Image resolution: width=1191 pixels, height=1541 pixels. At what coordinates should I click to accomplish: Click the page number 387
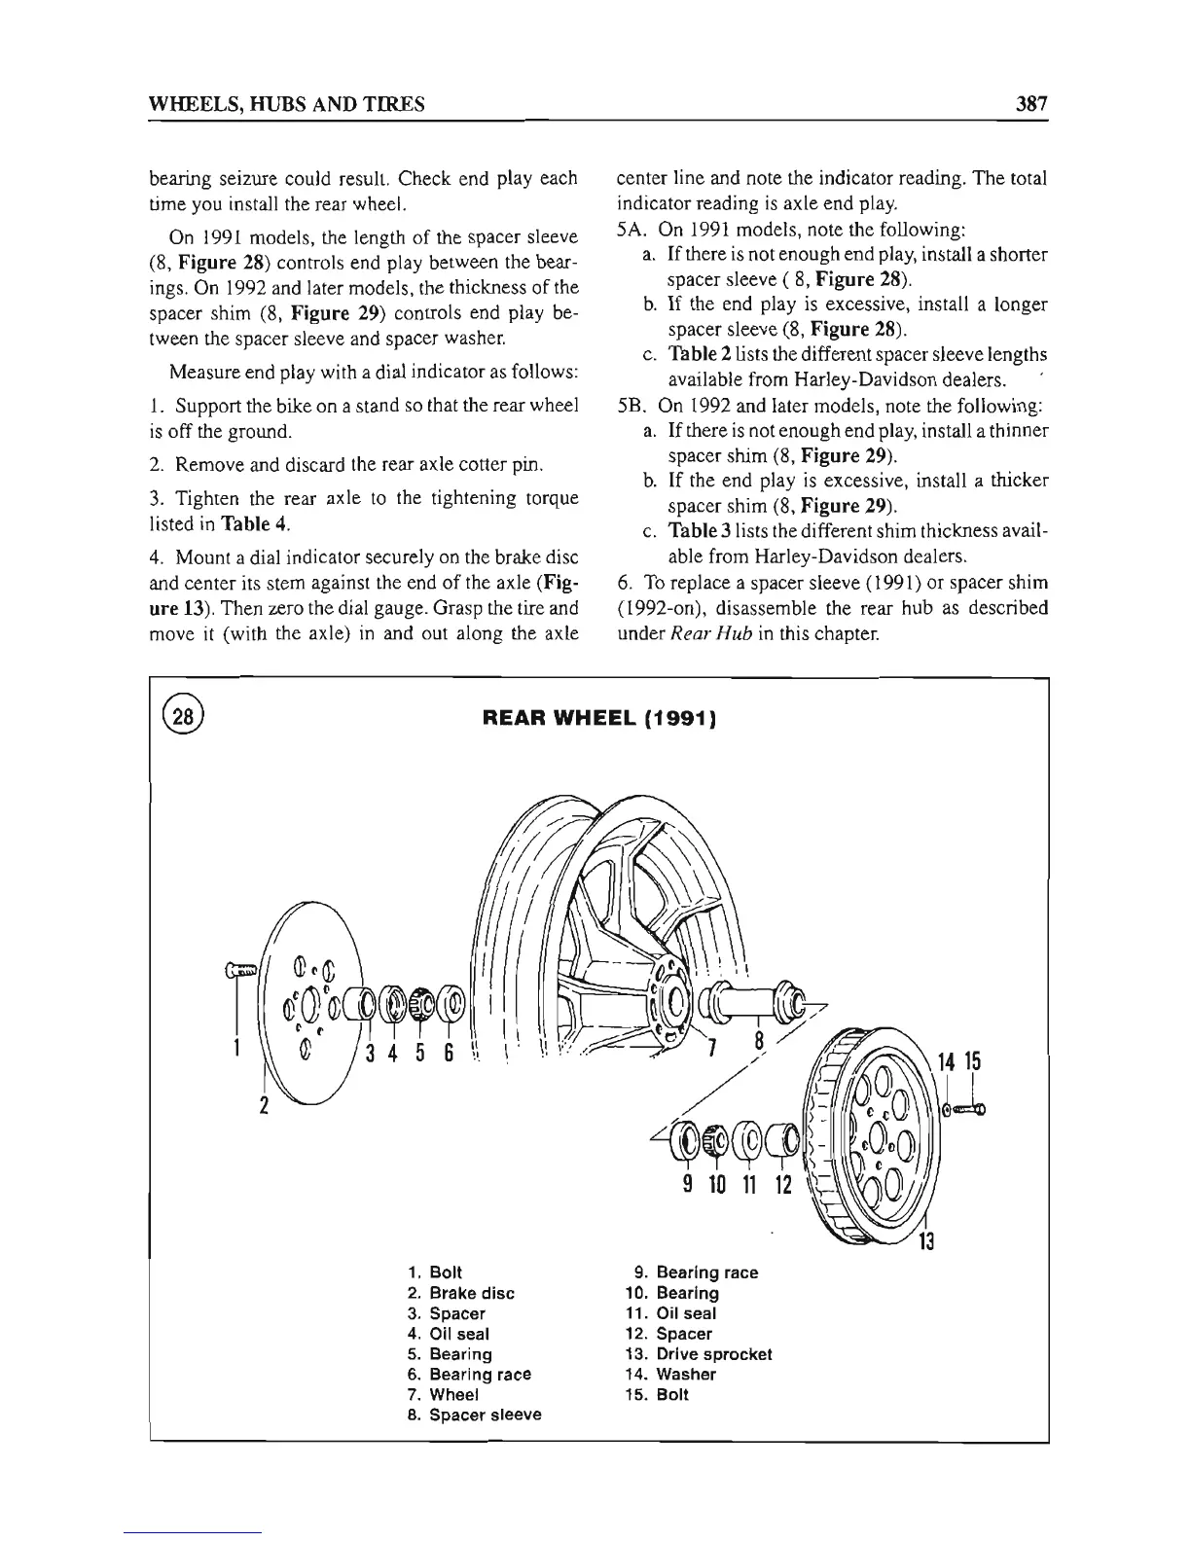coord(1027,103)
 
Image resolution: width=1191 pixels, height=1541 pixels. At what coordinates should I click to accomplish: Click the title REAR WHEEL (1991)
coord(599,719)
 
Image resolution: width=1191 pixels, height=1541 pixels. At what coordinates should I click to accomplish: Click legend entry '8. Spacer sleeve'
coord(474,1415)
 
